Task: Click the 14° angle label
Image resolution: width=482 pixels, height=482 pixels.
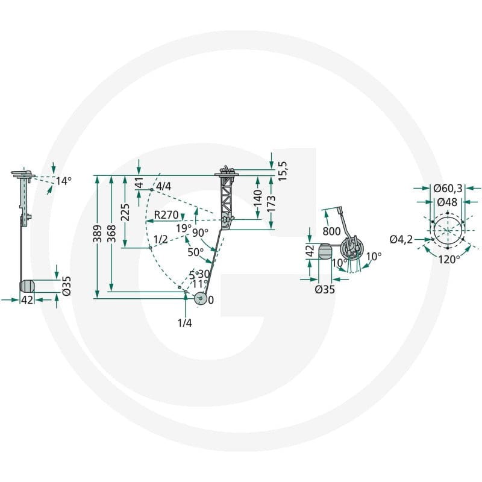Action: pos(64,181)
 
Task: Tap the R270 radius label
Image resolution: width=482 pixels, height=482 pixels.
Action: pos(166,215)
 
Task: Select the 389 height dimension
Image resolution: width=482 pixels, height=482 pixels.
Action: pos(98,234)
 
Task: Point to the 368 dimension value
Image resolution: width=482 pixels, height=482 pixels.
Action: pos(111,234)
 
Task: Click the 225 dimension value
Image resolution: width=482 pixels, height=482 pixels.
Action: pos(125,213)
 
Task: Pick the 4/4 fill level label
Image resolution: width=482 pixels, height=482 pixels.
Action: pos(163,186)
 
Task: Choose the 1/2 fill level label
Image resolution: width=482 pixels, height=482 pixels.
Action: pos(160,239)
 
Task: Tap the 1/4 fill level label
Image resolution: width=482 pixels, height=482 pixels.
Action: pos(185,323)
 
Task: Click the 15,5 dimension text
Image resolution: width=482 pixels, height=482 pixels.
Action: pos(282,171)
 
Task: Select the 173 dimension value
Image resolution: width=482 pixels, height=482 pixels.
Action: pos(272,204)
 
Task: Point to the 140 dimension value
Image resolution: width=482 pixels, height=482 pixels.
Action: pos(258,198)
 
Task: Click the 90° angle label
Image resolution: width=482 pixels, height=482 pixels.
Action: pos(200,233)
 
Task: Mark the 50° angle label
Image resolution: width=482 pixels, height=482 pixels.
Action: pos(196,252)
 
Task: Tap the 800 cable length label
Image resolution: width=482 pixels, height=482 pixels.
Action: pos(332,231)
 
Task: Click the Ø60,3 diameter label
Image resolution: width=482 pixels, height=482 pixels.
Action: pos(448,188)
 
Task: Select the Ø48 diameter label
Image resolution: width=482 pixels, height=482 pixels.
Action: pos(447,202)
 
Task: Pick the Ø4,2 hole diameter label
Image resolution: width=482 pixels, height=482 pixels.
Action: pos(401,239)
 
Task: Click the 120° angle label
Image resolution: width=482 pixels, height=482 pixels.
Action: pos(449,260)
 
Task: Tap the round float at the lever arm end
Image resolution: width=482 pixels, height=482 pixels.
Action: pos(201,298)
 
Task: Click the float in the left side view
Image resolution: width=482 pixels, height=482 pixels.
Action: pos(27,286)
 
